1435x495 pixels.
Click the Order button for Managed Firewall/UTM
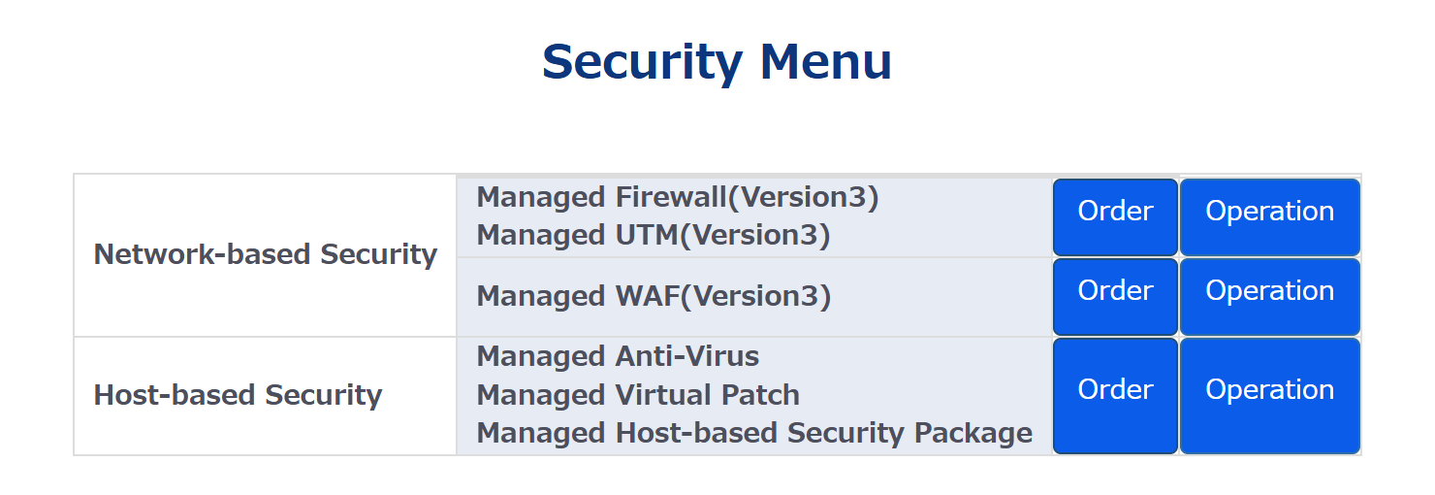(1115, 216)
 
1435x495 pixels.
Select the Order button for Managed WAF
(1115, 296)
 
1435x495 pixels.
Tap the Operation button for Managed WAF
(1269, 296)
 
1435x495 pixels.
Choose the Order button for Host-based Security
(1115, 395)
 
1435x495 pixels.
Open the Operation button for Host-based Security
(1269, 395)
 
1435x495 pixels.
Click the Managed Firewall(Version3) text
(677, 197)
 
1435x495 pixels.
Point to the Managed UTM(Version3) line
(654, 235)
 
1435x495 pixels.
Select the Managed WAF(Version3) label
(654, 296)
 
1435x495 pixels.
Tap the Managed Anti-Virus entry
(618, 356)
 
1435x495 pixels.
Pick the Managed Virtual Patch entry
(638, 395)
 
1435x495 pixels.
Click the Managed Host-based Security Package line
(754, 433)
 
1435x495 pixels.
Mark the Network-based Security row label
(265, 254)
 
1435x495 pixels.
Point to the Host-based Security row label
(238, 395)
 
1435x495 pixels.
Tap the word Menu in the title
(825, 61)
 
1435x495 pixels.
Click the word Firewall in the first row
(670, 197)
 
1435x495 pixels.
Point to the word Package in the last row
(973, 433)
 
